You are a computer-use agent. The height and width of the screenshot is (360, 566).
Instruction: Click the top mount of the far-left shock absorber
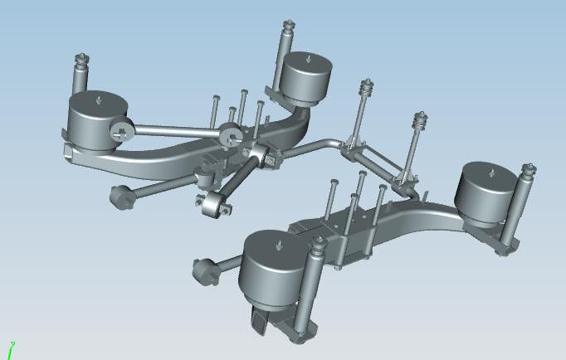coord(81,61)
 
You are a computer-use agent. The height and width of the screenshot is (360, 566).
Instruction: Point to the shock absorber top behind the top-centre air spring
coord(290,27)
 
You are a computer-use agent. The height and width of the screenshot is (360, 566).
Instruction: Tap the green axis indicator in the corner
coord(12,349)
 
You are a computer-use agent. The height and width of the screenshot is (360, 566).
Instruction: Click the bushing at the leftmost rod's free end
coord(122,197)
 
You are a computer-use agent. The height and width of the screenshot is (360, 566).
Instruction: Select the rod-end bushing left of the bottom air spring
coord(204,270)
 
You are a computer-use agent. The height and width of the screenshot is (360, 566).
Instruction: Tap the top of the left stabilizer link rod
coord(365,86)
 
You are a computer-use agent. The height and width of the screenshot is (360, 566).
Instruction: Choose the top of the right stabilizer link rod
coord(422,120)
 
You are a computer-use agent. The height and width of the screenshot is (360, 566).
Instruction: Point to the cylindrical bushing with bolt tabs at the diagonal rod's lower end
coord(217,204)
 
